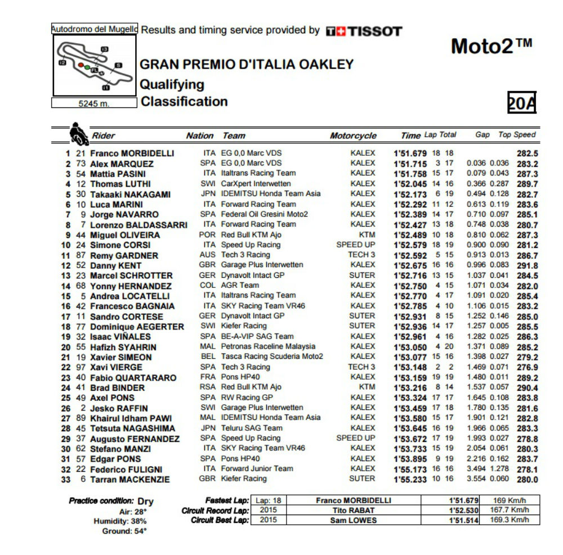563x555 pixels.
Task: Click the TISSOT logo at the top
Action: tap(364, 31)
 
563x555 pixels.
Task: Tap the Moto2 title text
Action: tap(491, 47)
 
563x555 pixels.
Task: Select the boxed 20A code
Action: tap(522, 103)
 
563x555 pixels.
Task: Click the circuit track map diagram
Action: tap(94, 65)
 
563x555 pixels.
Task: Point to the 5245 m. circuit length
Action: tap(94, 103)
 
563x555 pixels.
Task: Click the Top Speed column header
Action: tap(517, 135)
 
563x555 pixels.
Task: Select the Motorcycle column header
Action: tap(353, 136)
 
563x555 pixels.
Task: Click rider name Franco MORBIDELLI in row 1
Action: tap(132, 153)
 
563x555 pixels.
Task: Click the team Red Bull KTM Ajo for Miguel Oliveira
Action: tap(251, 234)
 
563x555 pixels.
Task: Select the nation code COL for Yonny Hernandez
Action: tap(208, 286)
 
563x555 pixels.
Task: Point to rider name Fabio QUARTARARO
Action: tap(133, 378)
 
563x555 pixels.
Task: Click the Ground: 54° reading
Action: tap(124, 531)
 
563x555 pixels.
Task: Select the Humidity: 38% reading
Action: tap(120, 521)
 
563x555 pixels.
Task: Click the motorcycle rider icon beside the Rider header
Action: tap(78, 134)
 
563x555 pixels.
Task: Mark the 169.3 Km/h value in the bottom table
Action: tap(511, 520)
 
